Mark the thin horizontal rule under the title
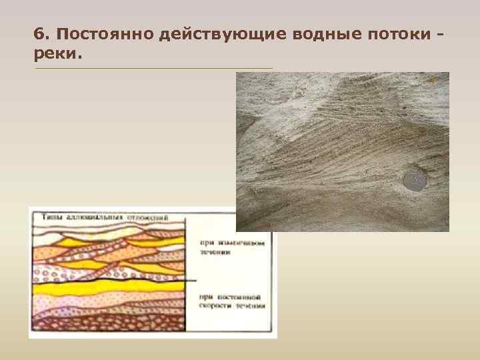(153, 67)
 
